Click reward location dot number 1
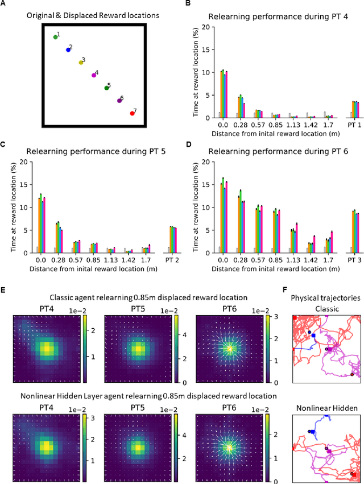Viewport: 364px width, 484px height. [56, 37]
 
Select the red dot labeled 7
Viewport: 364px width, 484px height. [133, 113]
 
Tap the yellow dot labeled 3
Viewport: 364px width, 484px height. [81, 62]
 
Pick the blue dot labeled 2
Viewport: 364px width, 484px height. [68, 49]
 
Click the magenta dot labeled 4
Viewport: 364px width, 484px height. [94, 75]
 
